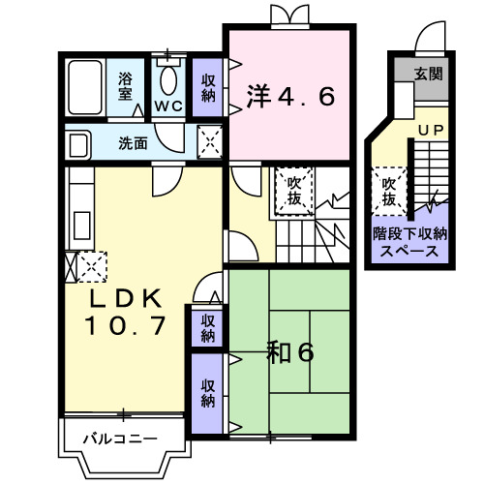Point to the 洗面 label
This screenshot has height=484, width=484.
click(x=133, y=143)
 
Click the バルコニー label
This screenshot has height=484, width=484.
click(x=119, y=439)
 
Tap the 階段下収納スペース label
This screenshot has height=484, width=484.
click(x=410, y=241)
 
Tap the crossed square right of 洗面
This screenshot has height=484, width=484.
click(x=209, y=142)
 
